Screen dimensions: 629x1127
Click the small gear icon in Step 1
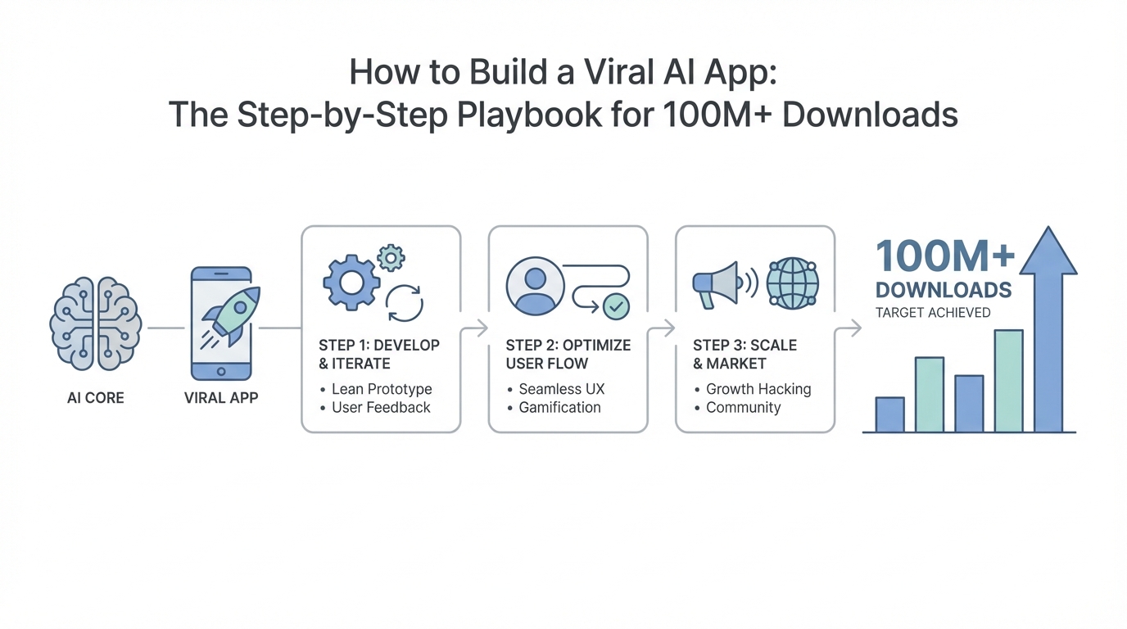tap(391, 258)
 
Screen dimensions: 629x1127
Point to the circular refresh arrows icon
tap(404, 302)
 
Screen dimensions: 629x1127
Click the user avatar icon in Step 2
tap(536, 286)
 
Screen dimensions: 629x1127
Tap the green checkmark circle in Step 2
tap(615, 306)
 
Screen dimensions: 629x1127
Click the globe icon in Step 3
tap(792, 283)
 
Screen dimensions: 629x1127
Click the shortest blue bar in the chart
tap(889, 414)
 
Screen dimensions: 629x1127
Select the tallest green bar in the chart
tap(1008, 381)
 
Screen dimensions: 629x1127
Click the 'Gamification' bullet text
tap(559, 407)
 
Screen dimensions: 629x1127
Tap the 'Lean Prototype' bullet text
tap(382, 389)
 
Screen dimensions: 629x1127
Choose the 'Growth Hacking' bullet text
tap(758, 389)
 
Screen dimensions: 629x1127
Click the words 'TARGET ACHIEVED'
tap(932, 312)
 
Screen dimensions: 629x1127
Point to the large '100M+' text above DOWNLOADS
tap(945, 257)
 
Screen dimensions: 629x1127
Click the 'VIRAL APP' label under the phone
tap(221, 398)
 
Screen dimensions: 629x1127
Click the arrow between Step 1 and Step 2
tap(475, 328)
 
